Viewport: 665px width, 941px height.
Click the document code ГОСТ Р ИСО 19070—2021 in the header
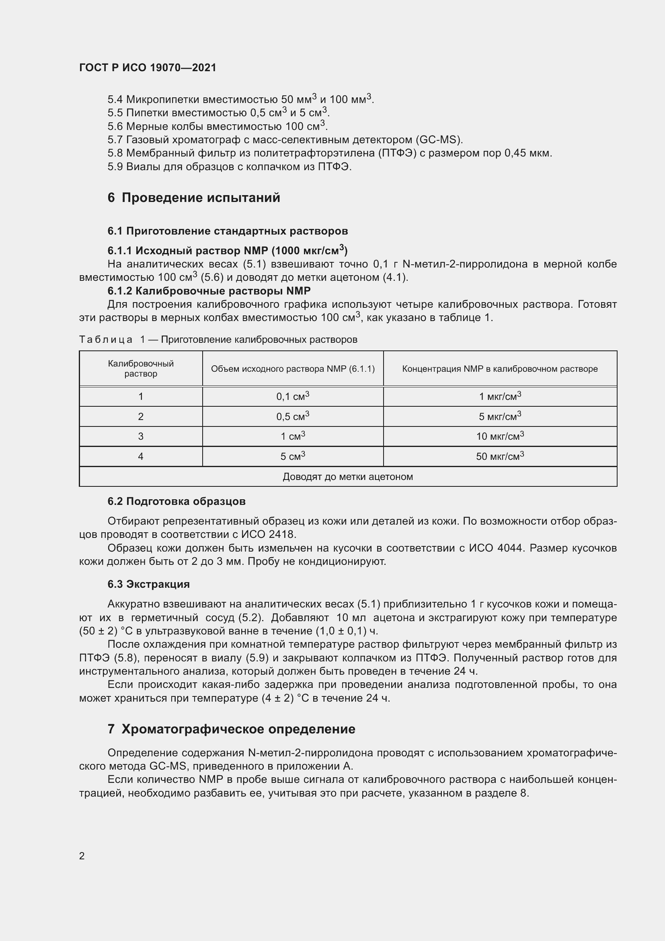coord(148,68)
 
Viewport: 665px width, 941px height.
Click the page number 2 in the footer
coord(82,856)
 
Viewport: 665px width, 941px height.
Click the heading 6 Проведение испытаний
coord(194,198)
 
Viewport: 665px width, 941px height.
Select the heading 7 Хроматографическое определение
coord(231,729)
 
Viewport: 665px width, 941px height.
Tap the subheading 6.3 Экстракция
coord(149,584)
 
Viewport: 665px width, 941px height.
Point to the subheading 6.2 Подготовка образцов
coord(177,501)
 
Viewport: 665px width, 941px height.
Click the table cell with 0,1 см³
coord(293,396)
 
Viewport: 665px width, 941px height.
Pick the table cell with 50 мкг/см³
coord(500,456)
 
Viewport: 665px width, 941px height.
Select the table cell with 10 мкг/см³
coord(500,436)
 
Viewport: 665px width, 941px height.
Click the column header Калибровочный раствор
coord(141,369)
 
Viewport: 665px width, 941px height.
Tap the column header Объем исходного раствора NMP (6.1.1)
coord(293,369)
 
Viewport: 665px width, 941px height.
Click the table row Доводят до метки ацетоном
coord(348,477)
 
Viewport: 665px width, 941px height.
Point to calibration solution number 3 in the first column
coord(141,436)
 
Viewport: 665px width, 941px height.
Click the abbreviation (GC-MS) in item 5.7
coord(439,140)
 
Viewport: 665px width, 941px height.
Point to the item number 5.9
coord(115,167)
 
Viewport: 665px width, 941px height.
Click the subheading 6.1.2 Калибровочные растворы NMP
coord(209,291)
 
